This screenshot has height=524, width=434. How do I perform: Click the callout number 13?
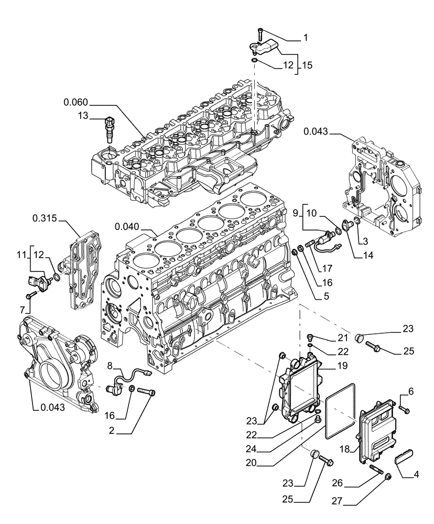[82, 116]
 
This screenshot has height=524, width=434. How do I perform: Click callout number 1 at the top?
[306, 38]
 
